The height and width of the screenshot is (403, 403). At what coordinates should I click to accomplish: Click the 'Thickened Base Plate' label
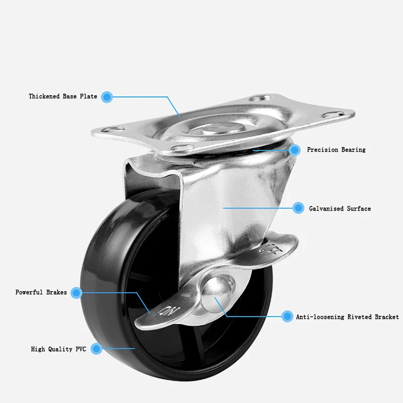click(x=63, y=96)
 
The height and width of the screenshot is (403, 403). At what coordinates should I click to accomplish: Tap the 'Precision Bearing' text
click(x=336, y=150)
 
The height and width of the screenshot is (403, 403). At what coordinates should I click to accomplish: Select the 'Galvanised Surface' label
click(x=340, y=209)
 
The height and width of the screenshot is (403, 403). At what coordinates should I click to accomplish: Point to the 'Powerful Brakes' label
click(x=41, y=292)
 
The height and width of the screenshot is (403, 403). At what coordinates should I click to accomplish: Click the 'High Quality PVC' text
click(x=58, y=349)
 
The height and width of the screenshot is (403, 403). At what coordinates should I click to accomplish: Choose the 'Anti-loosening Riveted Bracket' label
click(x=347, y=317)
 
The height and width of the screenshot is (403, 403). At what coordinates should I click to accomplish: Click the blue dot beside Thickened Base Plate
click(x=106, y=96)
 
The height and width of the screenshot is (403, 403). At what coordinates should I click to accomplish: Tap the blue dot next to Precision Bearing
click(x=295, y=150)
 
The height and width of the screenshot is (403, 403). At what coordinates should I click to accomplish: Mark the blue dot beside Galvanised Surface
click(x=298, y=208)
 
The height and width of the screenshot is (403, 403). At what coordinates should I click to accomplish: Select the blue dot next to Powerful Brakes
click(x=76, y=292)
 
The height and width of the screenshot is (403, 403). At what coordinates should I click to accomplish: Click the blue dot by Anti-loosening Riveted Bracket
click(x=287, y=316)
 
